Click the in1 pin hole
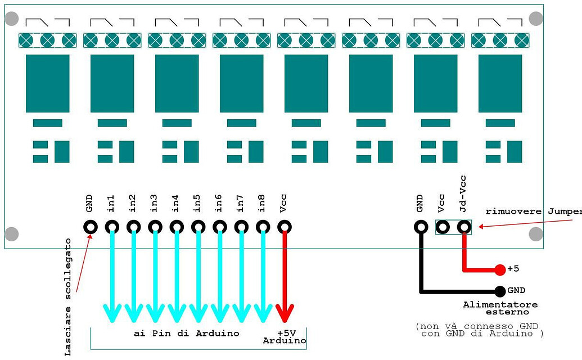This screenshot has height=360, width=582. (x=112, y=227)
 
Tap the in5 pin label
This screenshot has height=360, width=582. (x=197, y=203)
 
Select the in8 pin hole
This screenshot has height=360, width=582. (x=263, y=227)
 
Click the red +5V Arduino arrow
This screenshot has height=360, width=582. (x=285, y=276)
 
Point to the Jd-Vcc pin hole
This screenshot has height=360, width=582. (x=464, y=227)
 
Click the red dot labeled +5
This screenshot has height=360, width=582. (x=500, y=270)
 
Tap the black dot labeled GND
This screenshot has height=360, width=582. (x=500, y=291)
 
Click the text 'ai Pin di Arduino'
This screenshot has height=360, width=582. (x=186, y=333)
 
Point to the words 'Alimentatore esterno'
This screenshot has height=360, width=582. (x=500, y=308)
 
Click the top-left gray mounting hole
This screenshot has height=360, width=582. (x=11, y=19)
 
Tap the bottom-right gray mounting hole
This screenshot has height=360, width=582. (x=536, y=234)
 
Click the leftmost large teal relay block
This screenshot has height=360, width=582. (x=47, y=83)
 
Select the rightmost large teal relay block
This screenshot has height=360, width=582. (x=500, y=83)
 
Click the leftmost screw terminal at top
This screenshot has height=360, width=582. (x=26, y=40)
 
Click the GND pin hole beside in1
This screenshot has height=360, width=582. (x=90, y=227)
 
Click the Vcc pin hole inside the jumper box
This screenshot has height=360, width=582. (x=443, y=227)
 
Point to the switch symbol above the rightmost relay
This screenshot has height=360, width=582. (x=500, y=22)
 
